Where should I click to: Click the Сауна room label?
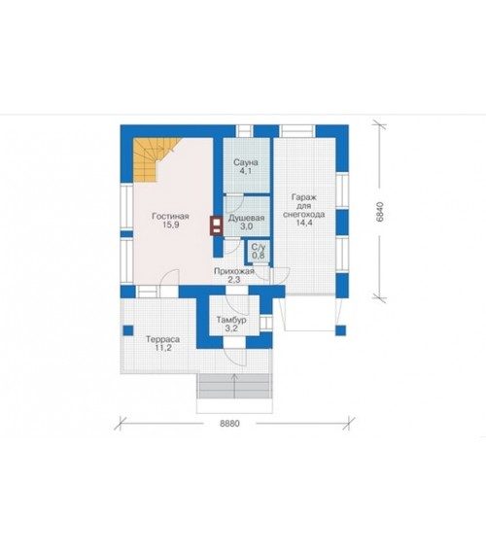coord(246,162)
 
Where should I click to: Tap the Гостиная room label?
coord(170,216)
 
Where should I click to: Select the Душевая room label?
coord(246,218)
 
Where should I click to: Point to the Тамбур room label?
coord(231,321)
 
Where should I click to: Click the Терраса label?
coord(162,339)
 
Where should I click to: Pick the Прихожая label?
coord(234,271)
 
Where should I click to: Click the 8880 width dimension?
coord(229,423)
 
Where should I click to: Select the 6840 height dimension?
coord(380,212)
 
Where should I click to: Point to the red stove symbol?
coord(217,225)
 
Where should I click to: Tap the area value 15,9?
coord(171,224)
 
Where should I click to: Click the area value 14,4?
coord(304,223)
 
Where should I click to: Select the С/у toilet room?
coord(259,251)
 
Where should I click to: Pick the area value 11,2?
coord(163,348)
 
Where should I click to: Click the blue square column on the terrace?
coord(128,330)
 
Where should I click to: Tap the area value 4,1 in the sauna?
coord(246,171)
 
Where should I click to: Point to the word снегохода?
coord(303,215)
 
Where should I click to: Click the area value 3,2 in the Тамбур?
coord(231,329)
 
